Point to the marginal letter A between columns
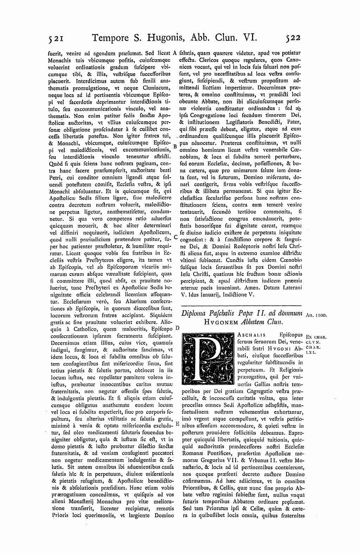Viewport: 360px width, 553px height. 175,53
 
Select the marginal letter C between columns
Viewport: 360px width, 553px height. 175,237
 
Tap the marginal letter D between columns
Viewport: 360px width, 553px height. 177,328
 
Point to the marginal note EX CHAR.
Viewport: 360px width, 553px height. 316,337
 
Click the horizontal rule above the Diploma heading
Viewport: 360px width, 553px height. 241,305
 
